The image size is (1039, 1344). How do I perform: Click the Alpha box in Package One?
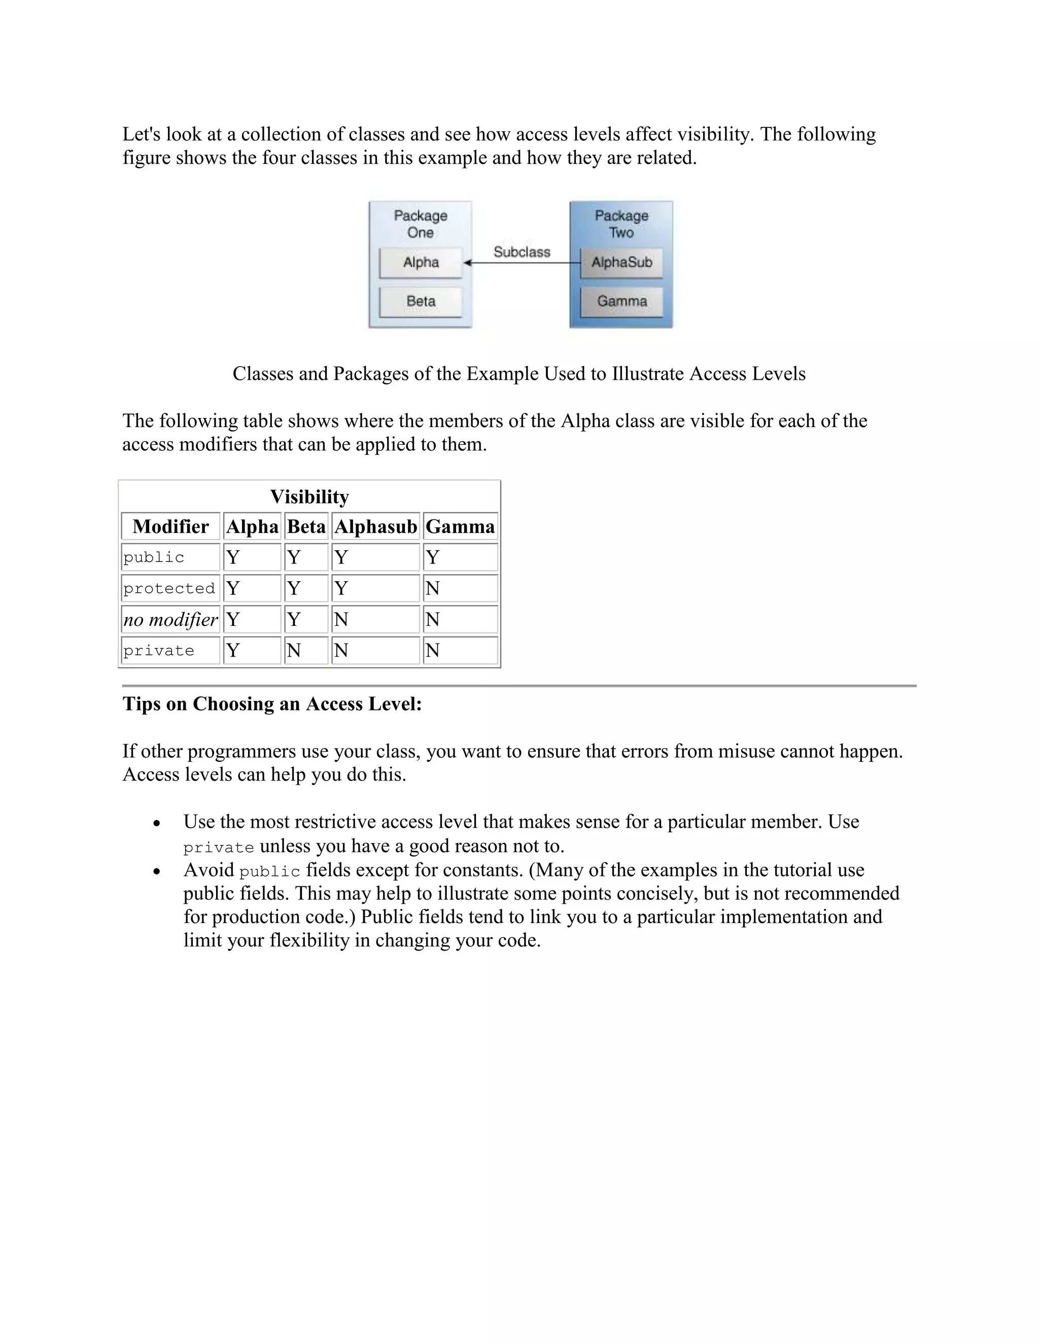[421, 263]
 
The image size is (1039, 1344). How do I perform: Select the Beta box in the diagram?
[421, 302]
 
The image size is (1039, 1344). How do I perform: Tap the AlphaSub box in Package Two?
[621, 263]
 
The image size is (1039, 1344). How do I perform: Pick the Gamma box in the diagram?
[621, 302]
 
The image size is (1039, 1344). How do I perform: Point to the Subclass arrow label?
[522, 252]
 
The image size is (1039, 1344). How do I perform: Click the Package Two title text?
[621, 224]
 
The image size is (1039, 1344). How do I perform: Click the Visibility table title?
[309, 497]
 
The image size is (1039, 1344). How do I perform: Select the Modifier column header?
[170, 527]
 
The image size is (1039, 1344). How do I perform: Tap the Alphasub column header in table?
[375, 527]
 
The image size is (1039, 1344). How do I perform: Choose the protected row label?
[169, 588]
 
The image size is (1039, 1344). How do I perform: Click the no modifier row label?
[170, 619]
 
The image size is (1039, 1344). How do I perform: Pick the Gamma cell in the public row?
[460, 557]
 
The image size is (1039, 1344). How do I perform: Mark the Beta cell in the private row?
[306, 651]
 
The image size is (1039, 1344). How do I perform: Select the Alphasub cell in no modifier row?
[375, 619]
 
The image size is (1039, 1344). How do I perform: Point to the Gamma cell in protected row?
[460, 588]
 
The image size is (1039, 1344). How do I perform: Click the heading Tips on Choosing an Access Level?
[272, 704]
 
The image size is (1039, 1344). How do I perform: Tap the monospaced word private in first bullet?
[219, 848]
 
